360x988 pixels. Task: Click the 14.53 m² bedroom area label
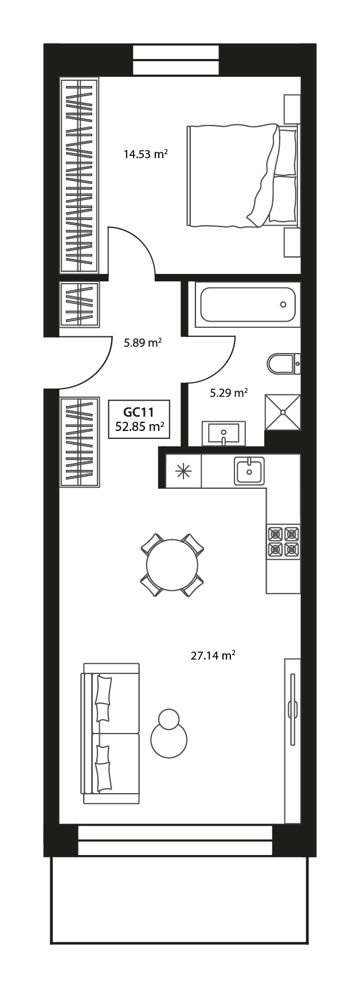coord(145,154)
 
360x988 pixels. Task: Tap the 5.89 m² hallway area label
coord(143,343)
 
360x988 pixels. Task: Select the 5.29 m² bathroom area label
coord(228,393)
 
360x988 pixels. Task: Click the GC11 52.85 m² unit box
coord(140,418)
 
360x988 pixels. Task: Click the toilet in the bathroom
coord(281,363)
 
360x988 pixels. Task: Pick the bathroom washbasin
coord(224,433)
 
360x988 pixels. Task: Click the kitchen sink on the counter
coord(249,471)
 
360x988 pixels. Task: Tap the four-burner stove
coord(283,542)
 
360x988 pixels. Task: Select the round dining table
coord(172,565)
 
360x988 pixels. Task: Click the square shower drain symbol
coord(283,411)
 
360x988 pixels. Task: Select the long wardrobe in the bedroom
coord(80,175)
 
